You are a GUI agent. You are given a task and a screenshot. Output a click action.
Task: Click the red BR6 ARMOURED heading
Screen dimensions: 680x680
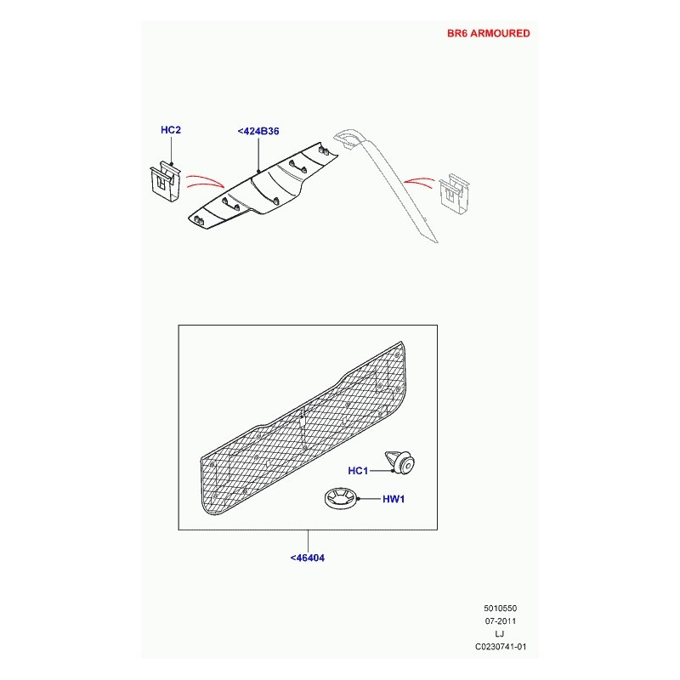point(488,33)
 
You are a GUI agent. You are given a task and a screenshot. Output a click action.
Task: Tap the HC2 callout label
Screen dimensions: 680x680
point(171,130)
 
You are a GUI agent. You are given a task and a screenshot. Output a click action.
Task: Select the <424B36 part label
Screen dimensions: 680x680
point(258,131)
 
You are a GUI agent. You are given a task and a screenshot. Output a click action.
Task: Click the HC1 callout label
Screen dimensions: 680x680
point(358,471)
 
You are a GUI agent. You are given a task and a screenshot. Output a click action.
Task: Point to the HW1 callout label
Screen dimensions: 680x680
point(394,499)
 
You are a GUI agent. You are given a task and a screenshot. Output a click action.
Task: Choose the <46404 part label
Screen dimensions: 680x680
point(307,558)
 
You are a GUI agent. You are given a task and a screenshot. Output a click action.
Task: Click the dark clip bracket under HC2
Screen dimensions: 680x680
point(165,182)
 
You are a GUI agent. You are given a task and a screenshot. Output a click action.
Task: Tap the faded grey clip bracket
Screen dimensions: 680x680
point(455,194)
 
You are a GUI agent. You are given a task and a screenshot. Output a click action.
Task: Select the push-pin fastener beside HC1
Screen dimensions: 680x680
point(399,462)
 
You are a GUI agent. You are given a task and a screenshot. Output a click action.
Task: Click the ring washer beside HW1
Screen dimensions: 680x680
point(340,498)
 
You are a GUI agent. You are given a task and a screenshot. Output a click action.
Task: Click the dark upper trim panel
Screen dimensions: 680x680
point(263,184)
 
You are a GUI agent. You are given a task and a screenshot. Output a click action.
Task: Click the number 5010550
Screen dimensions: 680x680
point(501,609)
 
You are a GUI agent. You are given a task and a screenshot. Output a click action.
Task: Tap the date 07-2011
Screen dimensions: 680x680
point(501,621)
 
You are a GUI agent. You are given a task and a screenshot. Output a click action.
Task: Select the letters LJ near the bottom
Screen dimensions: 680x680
point(500,633)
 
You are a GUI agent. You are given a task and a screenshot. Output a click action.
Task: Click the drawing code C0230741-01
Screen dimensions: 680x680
point(501,647)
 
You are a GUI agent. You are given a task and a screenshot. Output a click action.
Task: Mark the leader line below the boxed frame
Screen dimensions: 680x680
point(308,541)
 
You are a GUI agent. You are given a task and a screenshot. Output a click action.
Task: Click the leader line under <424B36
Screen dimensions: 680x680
point(258,155)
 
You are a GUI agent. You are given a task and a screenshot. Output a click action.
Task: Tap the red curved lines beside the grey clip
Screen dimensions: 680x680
point(419,182)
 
